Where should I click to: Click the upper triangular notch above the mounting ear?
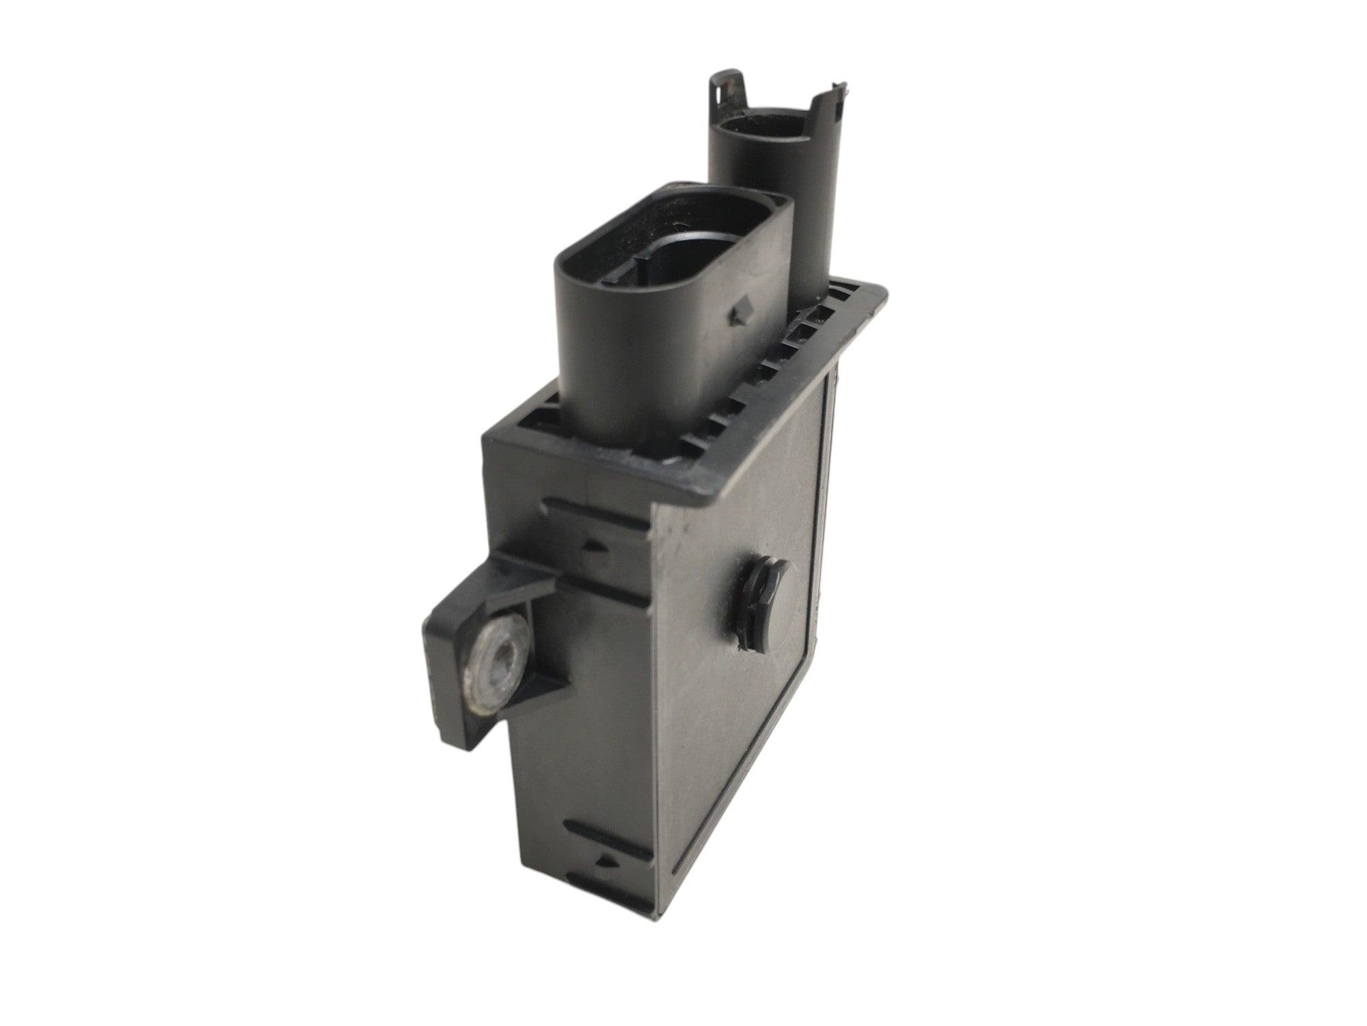[594, 547]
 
